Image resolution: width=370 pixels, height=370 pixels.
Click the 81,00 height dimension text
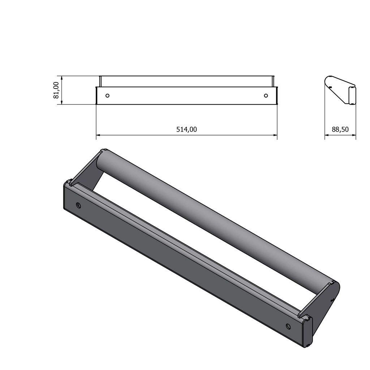point(56,90)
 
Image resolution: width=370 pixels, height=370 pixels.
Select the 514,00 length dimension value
point(186,129)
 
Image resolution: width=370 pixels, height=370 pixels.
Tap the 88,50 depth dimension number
point(340,129)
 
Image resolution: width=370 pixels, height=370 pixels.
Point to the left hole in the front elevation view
point(107,96)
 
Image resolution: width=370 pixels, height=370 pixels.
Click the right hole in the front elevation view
point(266,95)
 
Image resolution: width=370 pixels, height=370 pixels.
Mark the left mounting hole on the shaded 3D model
point(79,206)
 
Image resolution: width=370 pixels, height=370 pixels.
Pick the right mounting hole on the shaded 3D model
point(288,326)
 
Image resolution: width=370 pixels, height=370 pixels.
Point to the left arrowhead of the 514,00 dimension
point(98,135)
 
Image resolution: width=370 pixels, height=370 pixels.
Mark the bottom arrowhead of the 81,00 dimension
point(62,103)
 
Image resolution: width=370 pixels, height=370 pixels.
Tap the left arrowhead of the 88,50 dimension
point(327,135)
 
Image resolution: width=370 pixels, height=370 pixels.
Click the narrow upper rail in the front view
point(186,81)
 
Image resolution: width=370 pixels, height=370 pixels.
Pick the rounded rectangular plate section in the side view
point(352,95)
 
